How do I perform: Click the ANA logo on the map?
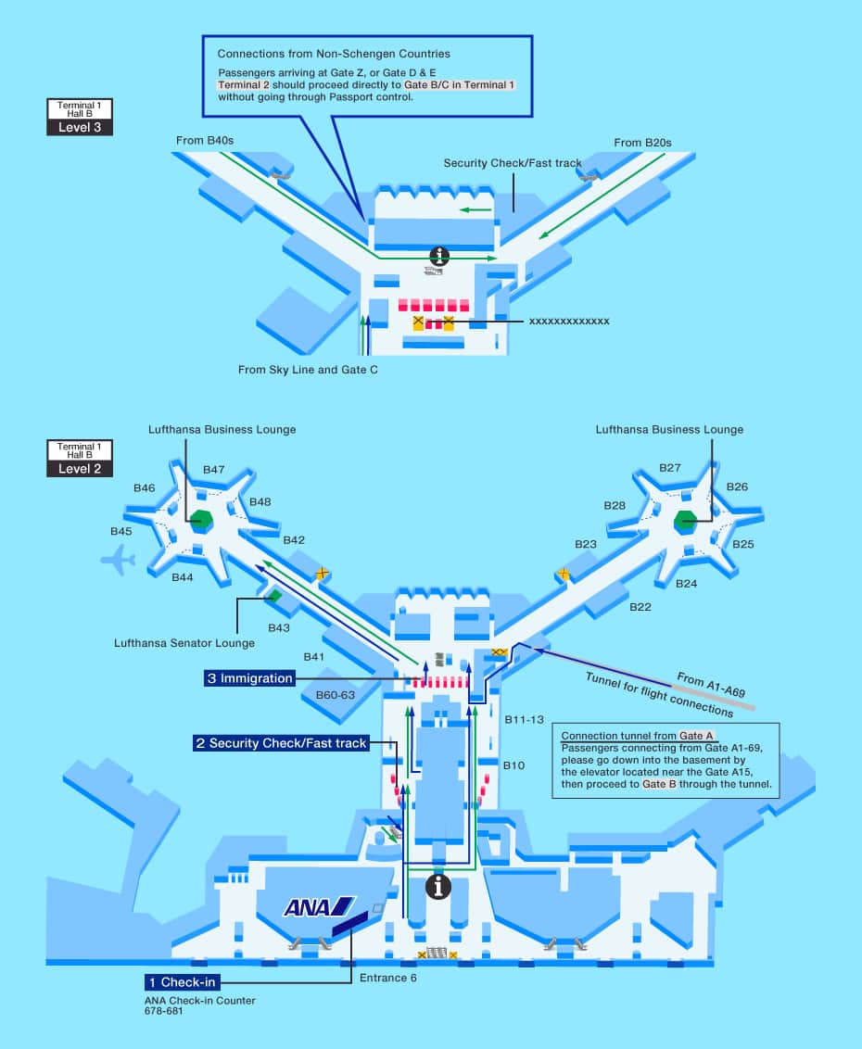[319, 906]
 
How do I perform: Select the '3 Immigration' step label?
[249, 678]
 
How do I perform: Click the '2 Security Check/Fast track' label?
[281, 743]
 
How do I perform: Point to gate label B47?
[214, 469]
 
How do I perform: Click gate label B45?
[121, 531]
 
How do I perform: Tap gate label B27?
[670, 468]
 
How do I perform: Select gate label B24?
[686, 584]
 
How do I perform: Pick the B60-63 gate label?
[336, 694]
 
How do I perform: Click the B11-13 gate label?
[524, 719]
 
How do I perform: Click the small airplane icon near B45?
[118, 559]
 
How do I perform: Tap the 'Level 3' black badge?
[80, 127]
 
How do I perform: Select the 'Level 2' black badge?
[80, 468]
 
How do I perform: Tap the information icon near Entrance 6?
[437, 887]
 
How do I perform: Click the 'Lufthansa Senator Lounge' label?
[184, 643]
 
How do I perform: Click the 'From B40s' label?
[205, 141]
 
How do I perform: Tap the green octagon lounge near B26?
[686, 522]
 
